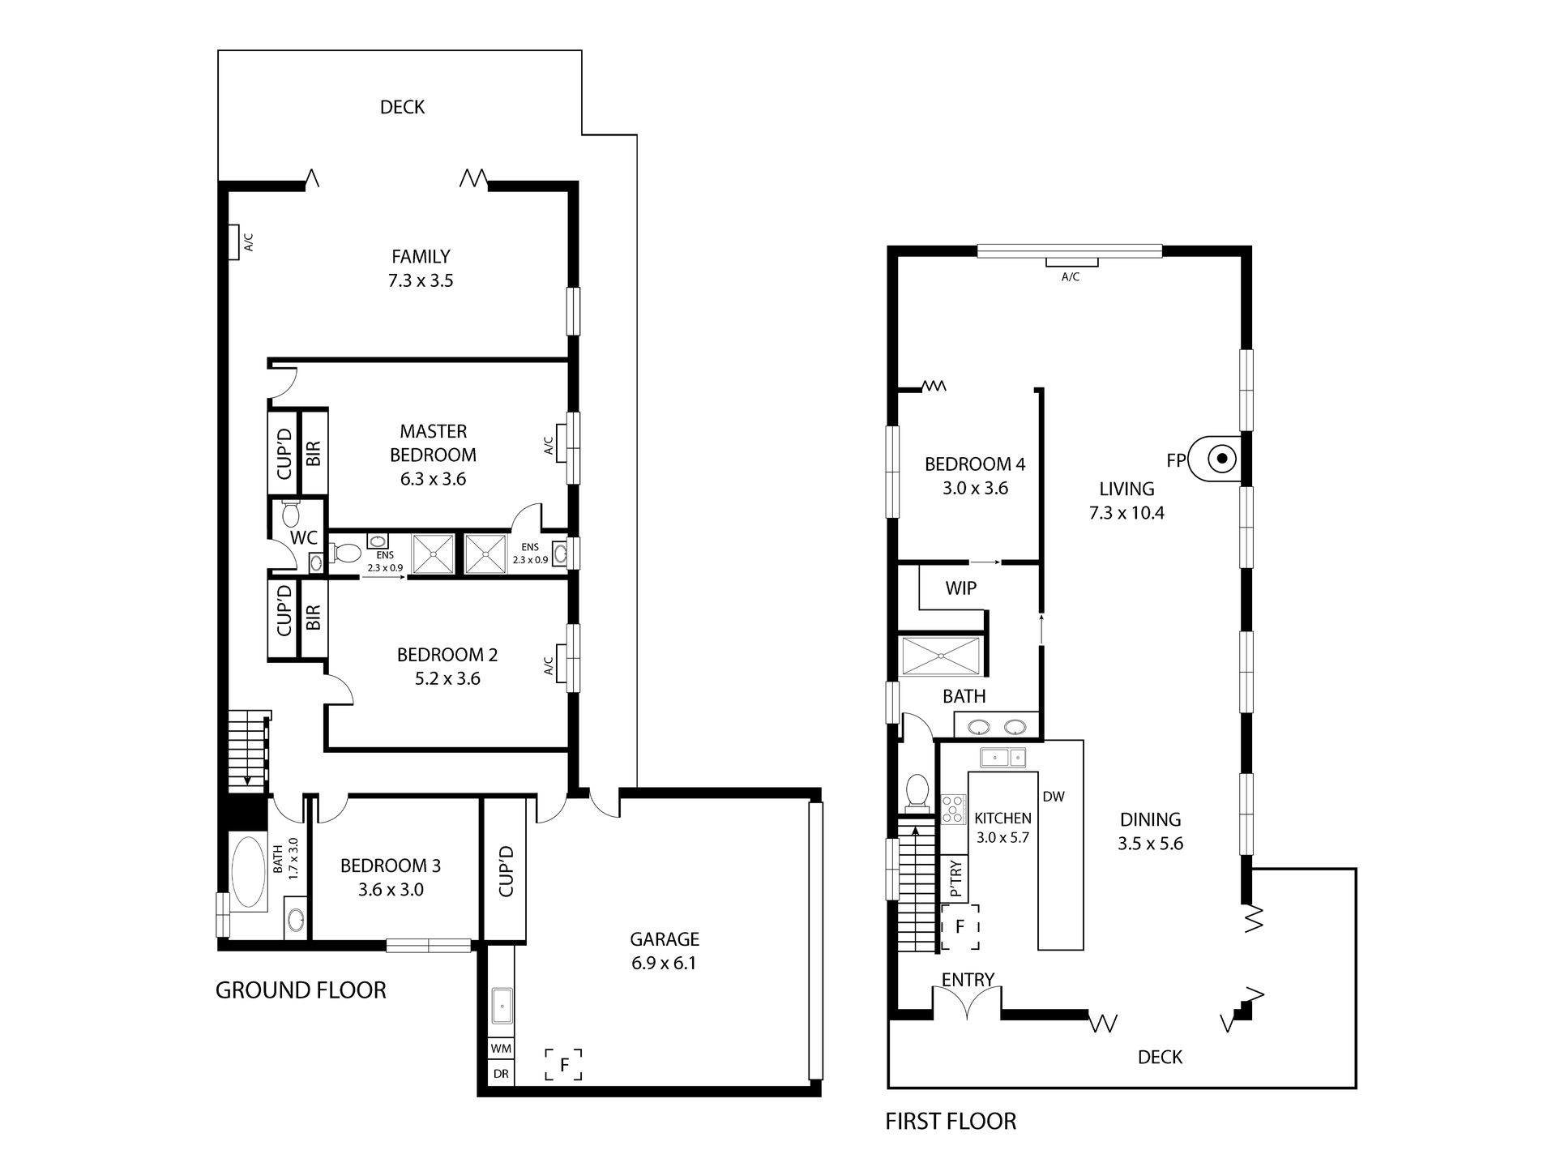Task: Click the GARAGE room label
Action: [664, 939]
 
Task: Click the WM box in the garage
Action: [501, 1048]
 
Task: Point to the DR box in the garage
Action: [501, 1074]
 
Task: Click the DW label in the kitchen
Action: [1054, 797]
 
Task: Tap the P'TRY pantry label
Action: [956, 878]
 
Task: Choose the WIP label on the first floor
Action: [960, 588]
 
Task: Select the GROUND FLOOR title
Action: [301, 990]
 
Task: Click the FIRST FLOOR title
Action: [951, 1122]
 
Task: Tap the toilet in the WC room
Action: [291, 513]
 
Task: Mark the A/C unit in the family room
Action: [233, 242]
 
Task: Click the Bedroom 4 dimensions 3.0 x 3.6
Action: [975, 488]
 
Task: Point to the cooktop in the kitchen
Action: [954, 810]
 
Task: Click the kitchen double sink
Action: [1003, 758]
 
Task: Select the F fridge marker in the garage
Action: [564, 1063]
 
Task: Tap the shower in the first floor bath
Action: [942, 656]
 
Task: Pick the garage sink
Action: [502, 1007]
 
